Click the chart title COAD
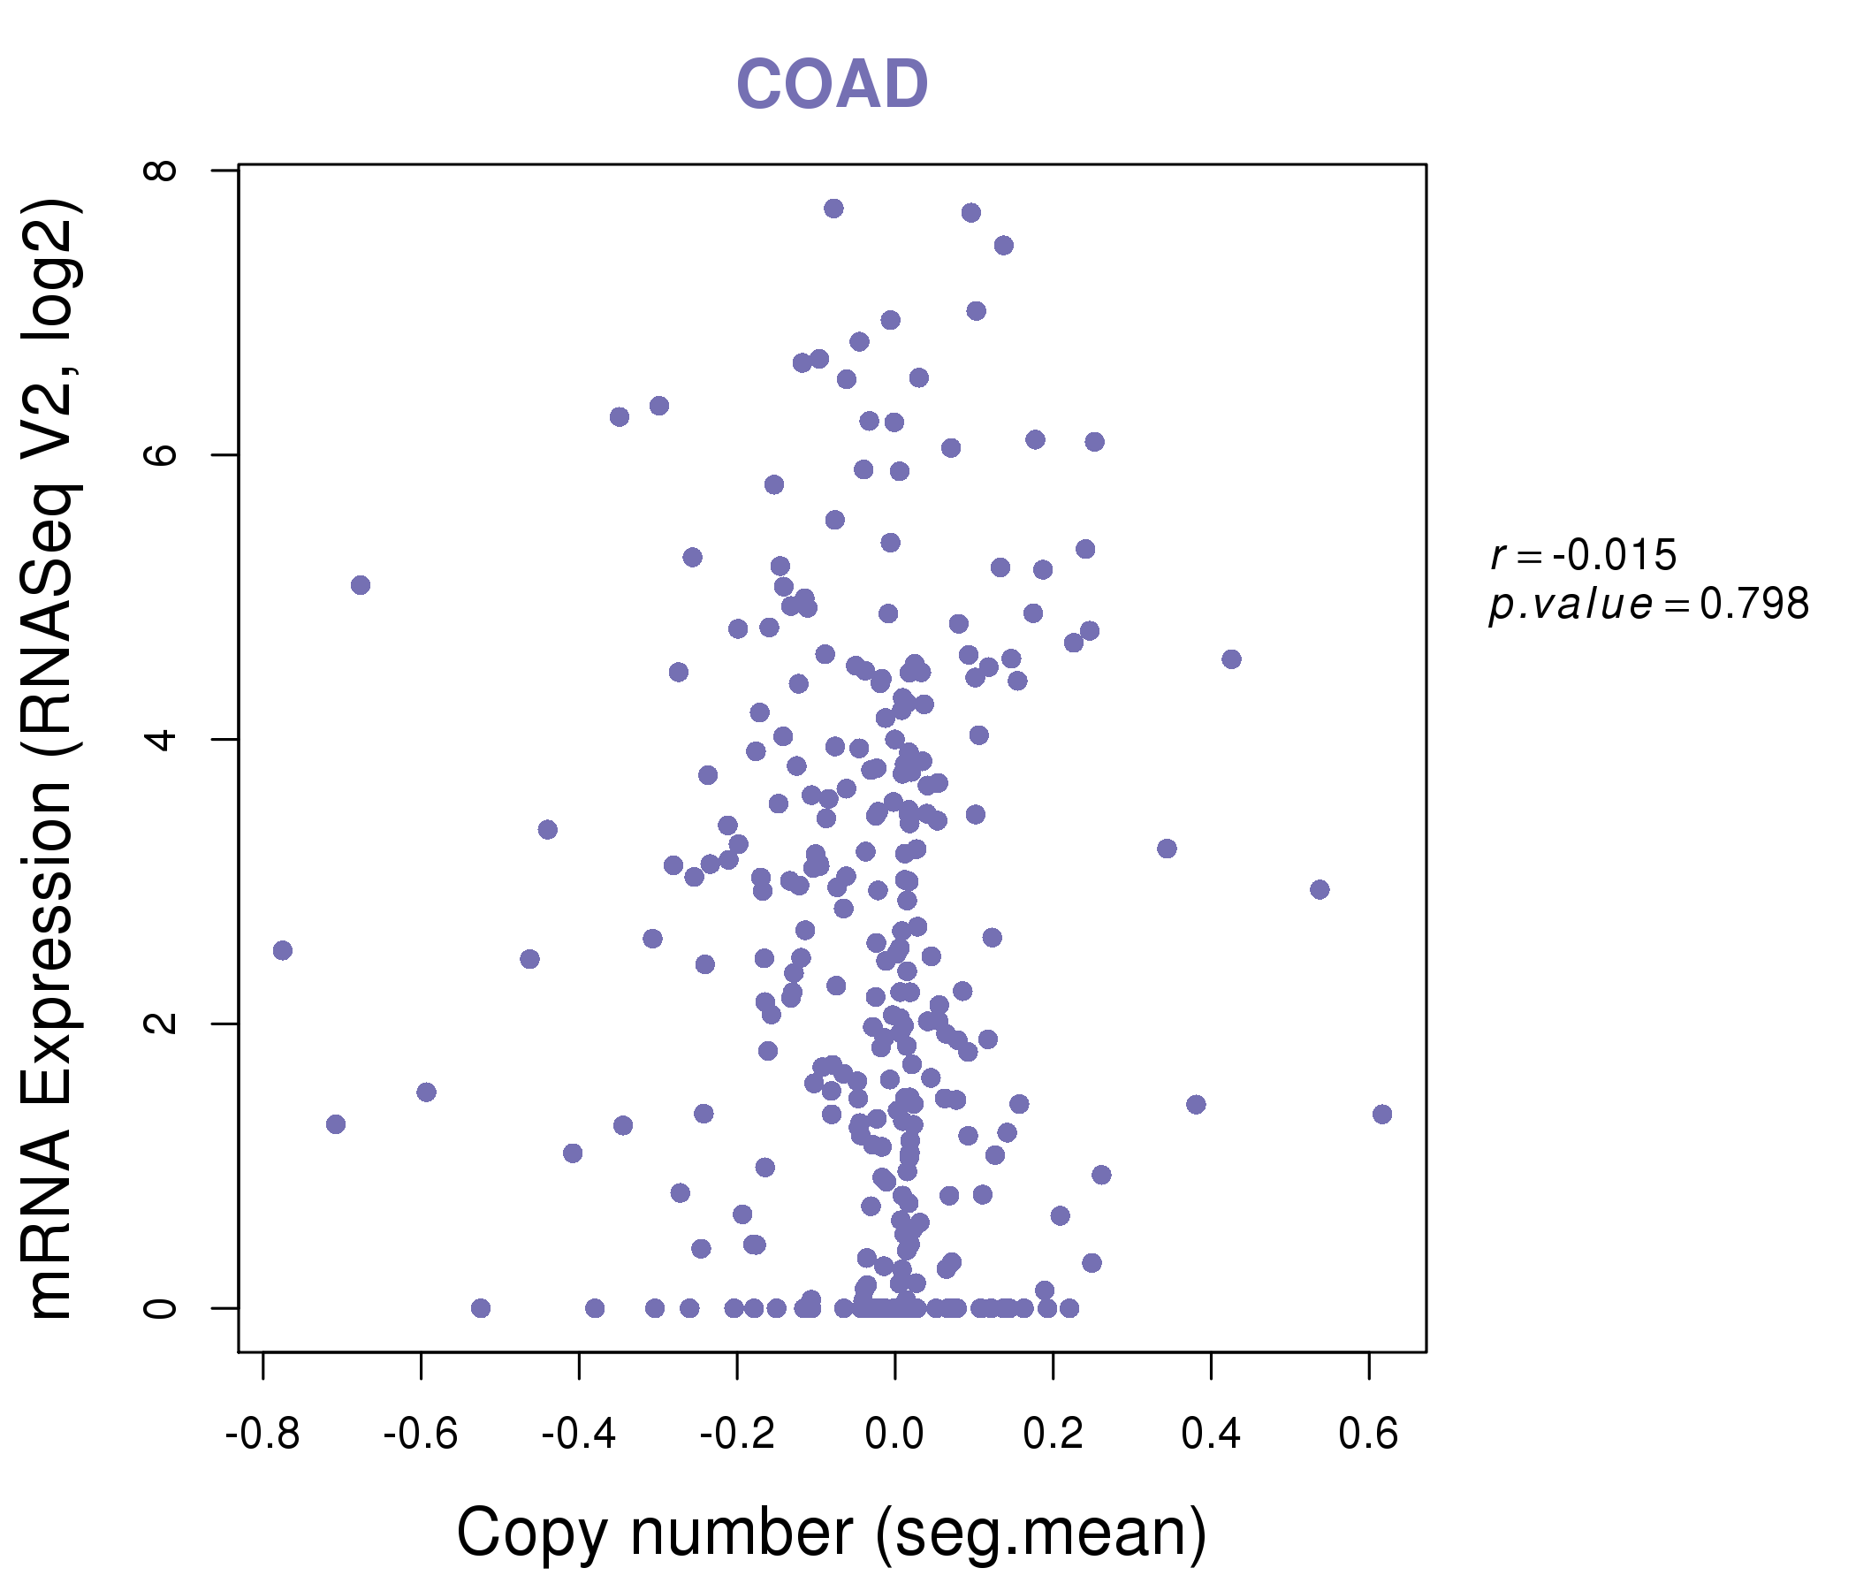pyautogui.click(x=832, y=84)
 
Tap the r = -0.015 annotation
pyautogui.click(x=1583, y=555)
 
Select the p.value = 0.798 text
pyautogui.click(x=1648, y=605)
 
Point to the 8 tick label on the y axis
pyautogui.click(x=162, y=171)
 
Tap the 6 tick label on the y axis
pyautogui.click(x=162, y=454)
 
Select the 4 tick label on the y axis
pyautogui.click(x=162, y=739)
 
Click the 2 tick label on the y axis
pyautogui.click(x=162, y=1023)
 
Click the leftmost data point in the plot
pyautogui.click(x=282, y=950)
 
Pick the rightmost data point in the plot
pyautogui.click(x=1382, y=1115)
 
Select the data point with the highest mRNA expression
pyautogui.click(x=834, y=209)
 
